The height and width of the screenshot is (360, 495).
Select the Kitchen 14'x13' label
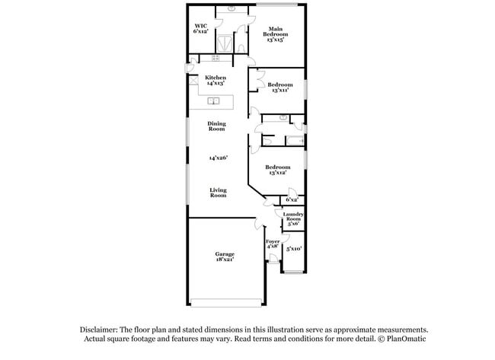coord(216,80)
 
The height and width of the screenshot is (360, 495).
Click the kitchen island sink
coord(215,100)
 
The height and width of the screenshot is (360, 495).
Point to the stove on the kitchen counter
coord(216,58)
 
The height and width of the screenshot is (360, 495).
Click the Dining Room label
coord(217,126)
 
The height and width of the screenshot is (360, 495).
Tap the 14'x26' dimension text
coord(218,158)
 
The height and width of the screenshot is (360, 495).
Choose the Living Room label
coord(218,193)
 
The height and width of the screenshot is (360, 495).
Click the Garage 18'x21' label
coord(224,256)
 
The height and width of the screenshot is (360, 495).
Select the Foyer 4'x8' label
coord(272,244)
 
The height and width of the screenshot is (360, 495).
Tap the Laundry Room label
coord(293,219)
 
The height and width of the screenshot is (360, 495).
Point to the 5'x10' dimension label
coord(293,248)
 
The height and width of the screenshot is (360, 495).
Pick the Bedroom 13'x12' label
coord(277,169)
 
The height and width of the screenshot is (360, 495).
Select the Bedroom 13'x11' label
coord(280,87)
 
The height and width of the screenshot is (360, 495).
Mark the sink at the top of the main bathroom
coord(230,10)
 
